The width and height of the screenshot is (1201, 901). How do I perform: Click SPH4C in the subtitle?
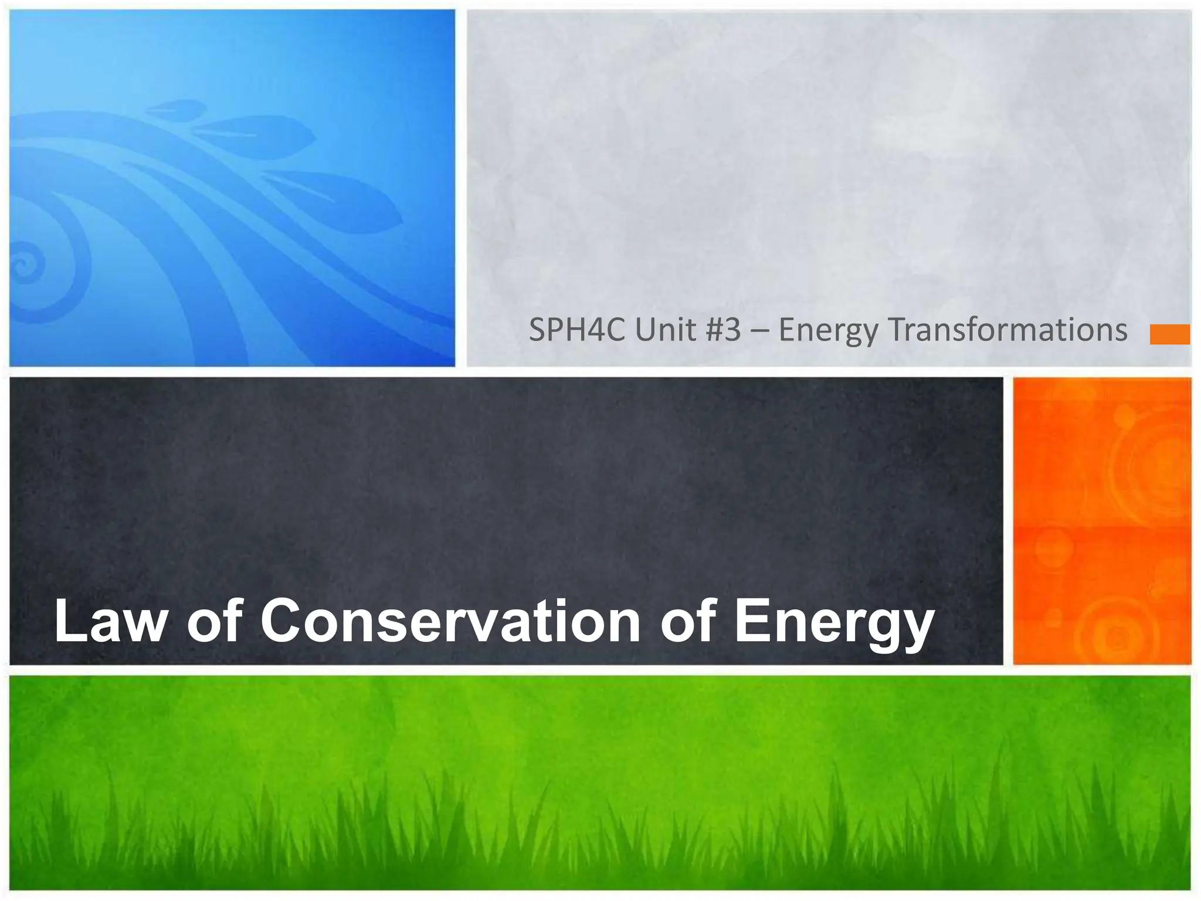[578, 330]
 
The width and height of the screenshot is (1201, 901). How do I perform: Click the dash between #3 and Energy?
[759, 331]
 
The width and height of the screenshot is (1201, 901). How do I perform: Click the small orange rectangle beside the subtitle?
[1169, 334]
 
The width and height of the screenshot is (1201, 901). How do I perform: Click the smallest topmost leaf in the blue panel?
[177, 108]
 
